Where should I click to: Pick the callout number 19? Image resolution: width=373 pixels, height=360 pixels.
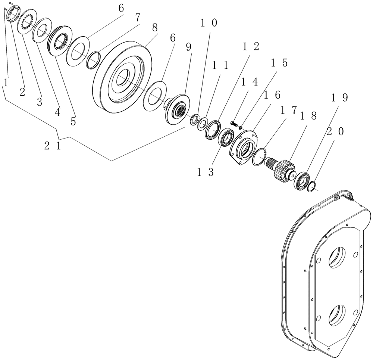point(339,98)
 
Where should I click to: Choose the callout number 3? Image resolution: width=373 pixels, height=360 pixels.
point(39,102)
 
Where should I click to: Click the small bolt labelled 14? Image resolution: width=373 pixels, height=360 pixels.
point(234,122)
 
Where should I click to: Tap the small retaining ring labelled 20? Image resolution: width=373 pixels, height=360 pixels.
point(312,186)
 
